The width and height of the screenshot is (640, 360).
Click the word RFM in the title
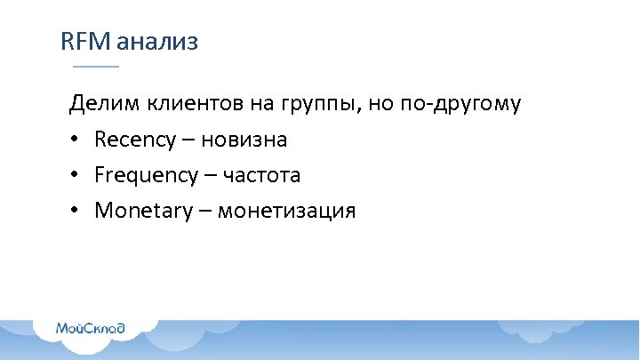84,42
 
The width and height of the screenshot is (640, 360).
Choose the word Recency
138,140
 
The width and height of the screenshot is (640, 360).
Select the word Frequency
147,176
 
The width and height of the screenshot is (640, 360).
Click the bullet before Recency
76,140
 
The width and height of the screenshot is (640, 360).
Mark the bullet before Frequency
76,176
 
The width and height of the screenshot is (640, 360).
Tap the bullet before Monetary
76,212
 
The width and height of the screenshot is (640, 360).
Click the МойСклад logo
91,328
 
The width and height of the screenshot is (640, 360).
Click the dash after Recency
191,140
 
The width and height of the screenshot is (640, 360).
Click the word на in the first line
260,105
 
